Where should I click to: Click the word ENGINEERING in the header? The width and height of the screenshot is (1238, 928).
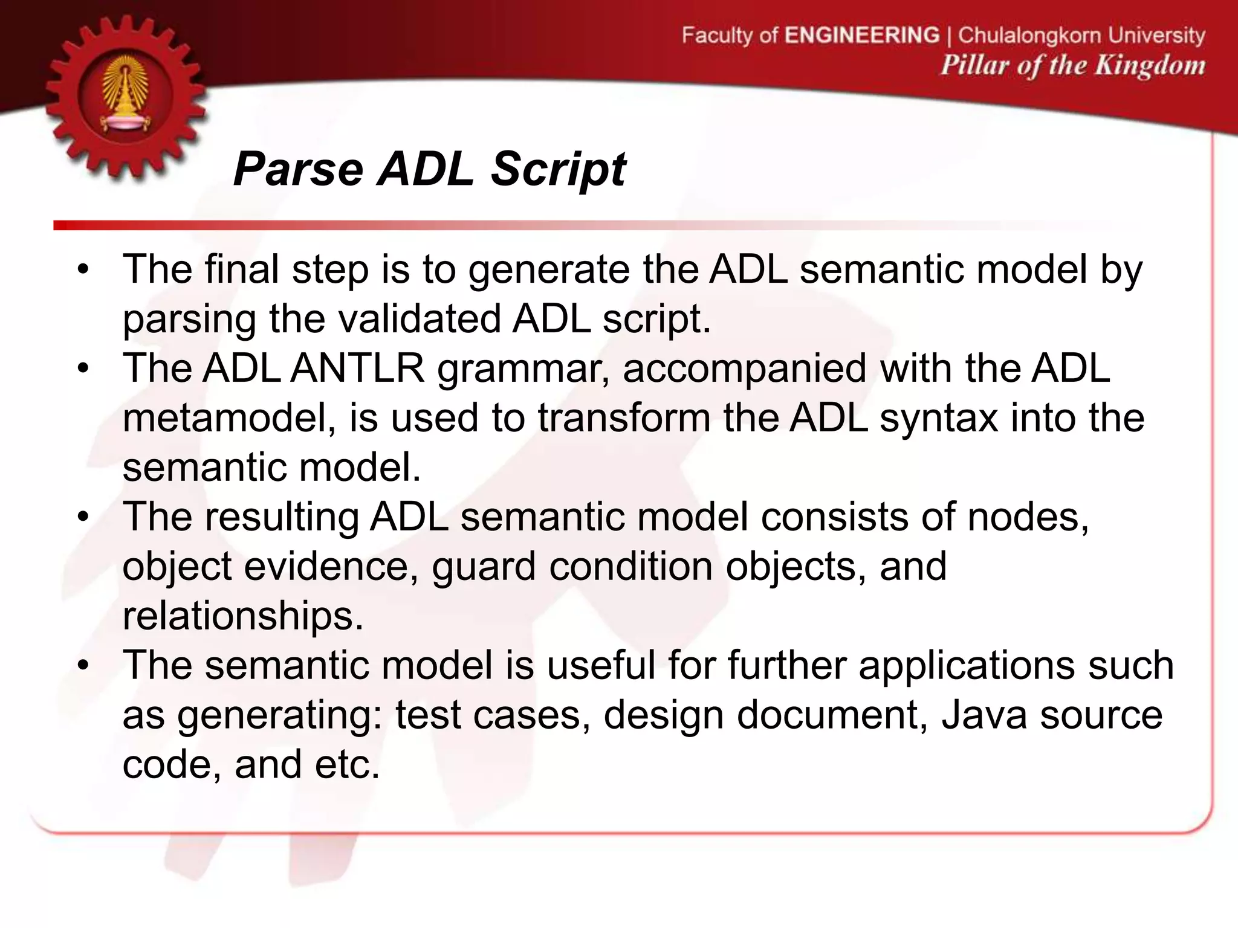[x=862, y=35]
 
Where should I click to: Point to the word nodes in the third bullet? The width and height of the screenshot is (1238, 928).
[x=1028, y=517]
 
